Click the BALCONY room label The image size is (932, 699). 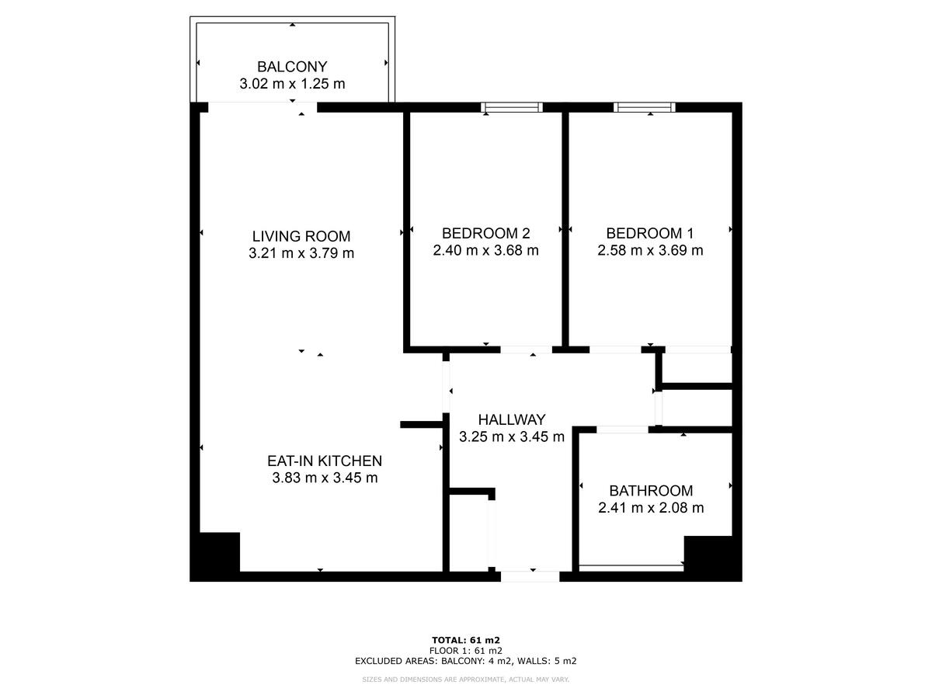(x=292, y=67)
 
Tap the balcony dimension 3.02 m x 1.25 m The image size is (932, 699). (x=292, y=84)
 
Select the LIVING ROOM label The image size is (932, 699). (x=301, y=236)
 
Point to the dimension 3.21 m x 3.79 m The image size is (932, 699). (x=301, y=253)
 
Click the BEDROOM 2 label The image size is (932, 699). (x=485, y=233)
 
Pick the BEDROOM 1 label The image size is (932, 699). (x=650, y=233)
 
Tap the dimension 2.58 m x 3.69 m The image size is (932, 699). (x=650, y=250)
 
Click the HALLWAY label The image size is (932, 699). (x=511, y=419)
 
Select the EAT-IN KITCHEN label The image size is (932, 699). (x=325, y=461)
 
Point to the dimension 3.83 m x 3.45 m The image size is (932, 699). (x=325, y=478)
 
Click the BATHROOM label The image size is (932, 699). (x=651, y=491)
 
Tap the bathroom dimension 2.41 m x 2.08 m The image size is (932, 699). (x=651, y=508)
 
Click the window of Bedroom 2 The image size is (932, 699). (x=511, y=107)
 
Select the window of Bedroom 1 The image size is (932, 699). (x=645, y=107)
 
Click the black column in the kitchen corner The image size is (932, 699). (x=217, y=555)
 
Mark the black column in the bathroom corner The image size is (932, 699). (x=708, y=557)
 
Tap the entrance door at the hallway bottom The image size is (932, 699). (x=530, y=576)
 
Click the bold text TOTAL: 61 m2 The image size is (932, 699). (x=466, y=640)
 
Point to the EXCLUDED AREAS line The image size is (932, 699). (x=466, y=662)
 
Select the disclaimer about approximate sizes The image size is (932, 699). (x=466, y=680)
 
